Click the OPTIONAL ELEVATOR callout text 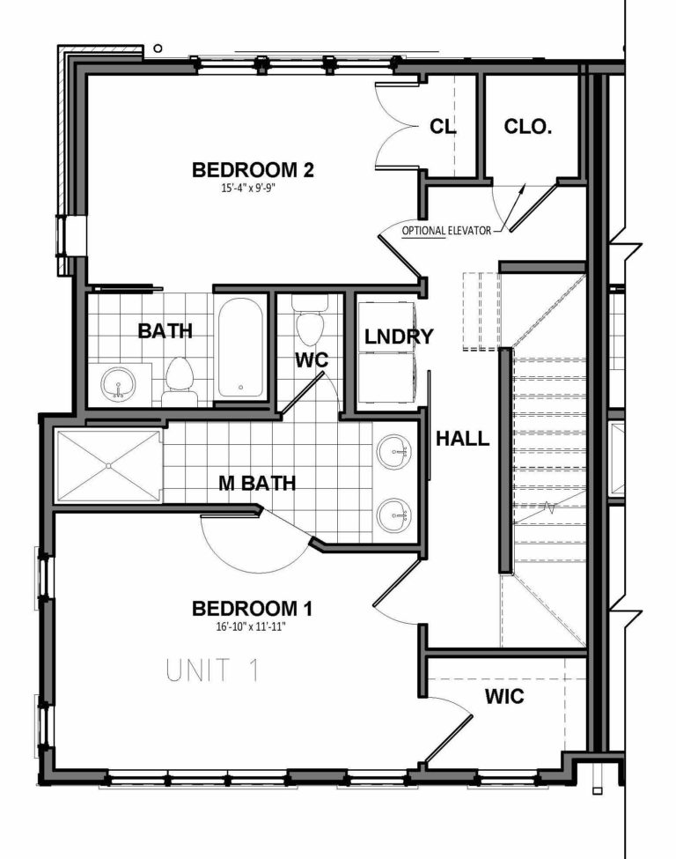pyautogui.click(x=446, y=231)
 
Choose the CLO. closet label pyautogui.click(x=528, y=127)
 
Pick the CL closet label pyautogui.click(x=443, y=127)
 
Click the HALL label pyautogui.click(x=464, y=438)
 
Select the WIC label pyautogui.click(x=504, y=697)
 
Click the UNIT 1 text pyautogui.click(x=213, y=670)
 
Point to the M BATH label pyautogui.click(x=257, y=484)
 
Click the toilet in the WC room pyautogui.click(x=308, y=326)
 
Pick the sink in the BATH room pyautogui.click(x=118, y=383)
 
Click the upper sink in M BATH pyautogui.click(x=393, y=454)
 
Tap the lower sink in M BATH pyautogui.click(x=393, y=512)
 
